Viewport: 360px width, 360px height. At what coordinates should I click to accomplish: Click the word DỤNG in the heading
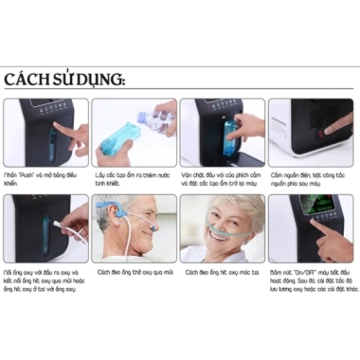99,80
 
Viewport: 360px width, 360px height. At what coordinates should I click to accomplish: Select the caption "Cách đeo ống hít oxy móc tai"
224,272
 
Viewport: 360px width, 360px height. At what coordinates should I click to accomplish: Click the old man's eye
148,220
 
